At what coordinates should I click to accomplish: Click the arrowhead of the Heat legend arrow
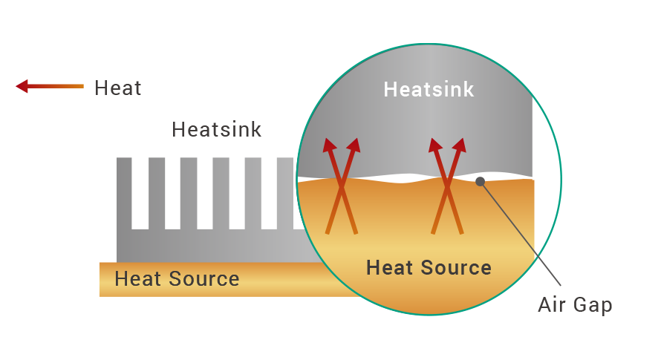[22, 86]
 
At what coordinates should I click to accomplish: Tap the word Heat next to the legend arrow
[117, 88]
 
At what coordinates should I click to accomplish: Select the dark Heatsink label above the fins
[216, 129]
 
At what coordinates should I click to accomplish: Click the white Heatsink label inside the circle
[429, 89]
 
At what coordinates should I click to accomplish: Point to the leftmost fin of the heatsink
[124, 194]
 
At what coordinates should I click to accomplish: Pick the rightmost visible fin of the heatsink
[285, 194]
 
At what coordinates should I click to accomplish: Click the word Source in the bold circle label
[456, 268]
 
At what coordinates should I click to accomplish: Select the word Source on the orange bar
[204, 278]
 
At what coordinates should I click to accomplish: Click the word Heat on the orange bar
[138, 278]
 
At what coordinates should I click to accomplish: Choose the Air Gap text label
[575, 304]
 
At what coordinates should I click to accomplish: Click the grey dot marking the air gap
[480, 182]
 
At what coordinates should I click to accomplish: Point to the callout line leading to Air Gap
[521, 234]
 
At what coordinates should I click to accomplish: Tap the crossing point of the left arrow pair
[342, 186]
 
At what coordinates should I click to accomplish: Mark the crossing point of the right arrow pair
[447, 186]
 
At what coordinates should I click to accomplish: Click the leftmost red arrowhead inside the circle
[329, 145]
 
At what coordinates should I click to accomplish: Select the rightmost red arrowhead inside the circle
[460, 145]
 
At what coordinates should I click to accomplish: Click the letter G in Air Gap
[581, 304]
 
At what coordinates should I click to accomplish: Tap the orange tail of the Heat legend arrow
[74, 86]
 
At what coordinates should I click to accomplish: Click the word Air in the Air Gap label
[552, 304]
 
